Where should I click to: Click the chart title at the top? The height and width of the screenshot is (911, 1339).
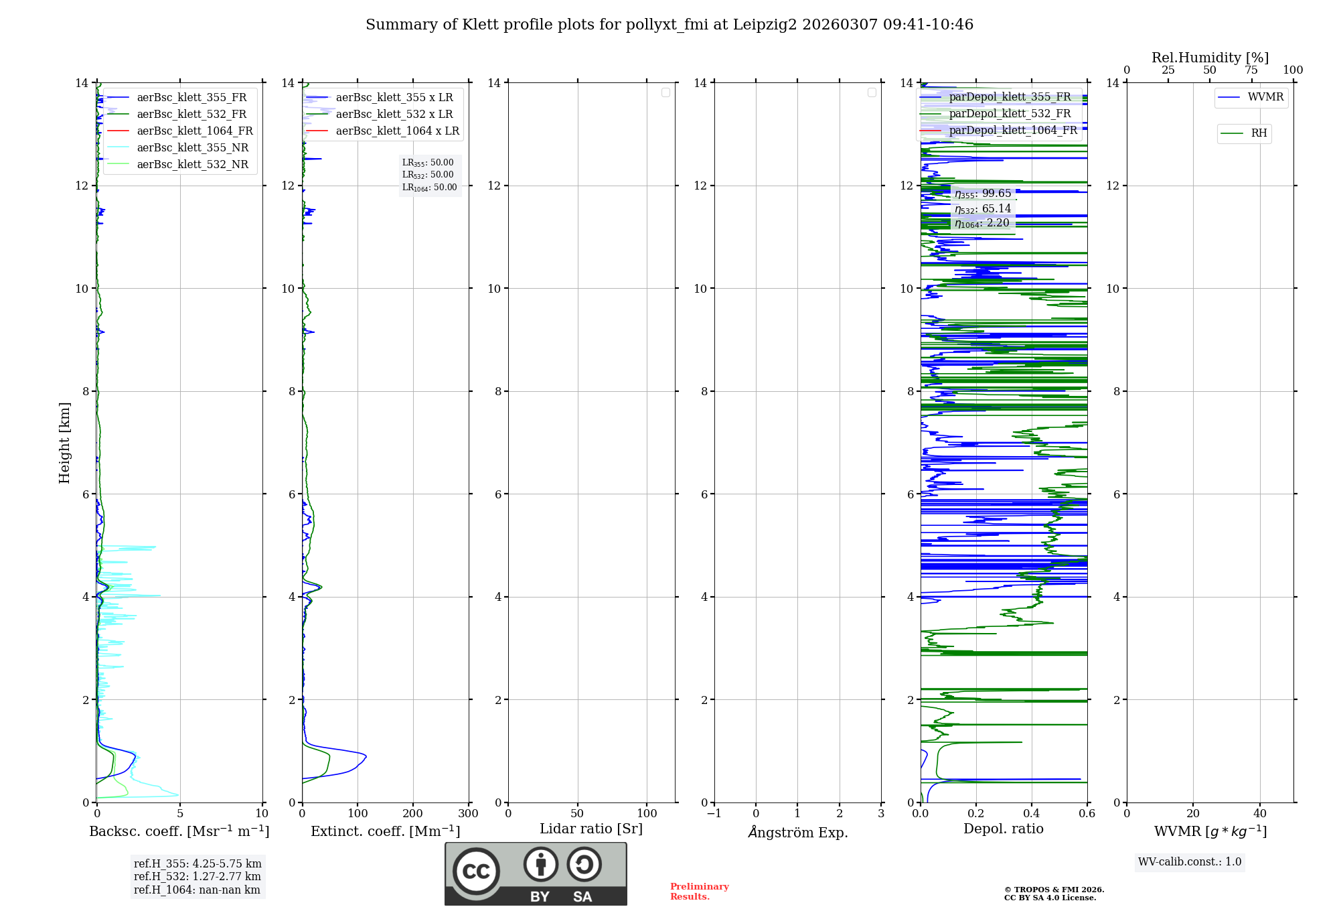click(x=669, y=25)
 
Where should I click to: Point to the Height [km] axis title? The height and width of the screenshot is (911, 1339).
click(x=64, y=443)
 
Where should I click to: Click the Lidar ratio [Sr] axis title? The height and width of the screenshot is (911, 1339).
click(x=591, y=829)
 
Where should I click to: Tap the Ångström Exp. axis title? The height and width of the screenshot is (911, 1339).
click(x=797, y=832)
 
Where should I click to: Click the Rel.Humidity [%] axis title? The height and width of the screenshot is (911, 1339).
click(x=1210, y=58)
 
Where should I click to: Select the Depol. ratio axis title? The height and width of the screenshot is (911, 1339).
click(x=1003, y=829)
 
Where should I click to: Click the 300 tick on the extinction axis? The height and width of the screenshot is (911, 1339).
click(x=468, y=813)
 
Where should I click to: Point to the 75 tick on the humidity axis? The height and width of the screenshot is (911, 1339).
click(x=1251, y=70)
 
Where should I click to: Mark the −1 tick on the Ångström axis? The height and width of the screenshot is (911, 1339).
click(x=714, y=813)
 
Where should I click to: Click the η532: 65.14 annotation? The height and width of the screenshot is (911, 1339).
click(x=983, y=209)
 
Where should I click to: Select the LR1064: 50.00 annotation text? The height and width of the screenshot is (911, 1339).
click(x=429, y=188)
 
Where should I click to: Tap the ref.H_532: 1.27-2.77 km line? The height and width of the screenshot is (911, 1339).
click(x=197, y=876)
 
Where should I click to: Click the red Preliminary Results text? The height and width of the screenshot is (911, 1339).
click(x=699, y=891)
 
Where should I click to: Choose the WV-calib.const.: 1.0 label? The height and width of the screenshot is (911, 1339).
click(x=1190, y=861)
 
